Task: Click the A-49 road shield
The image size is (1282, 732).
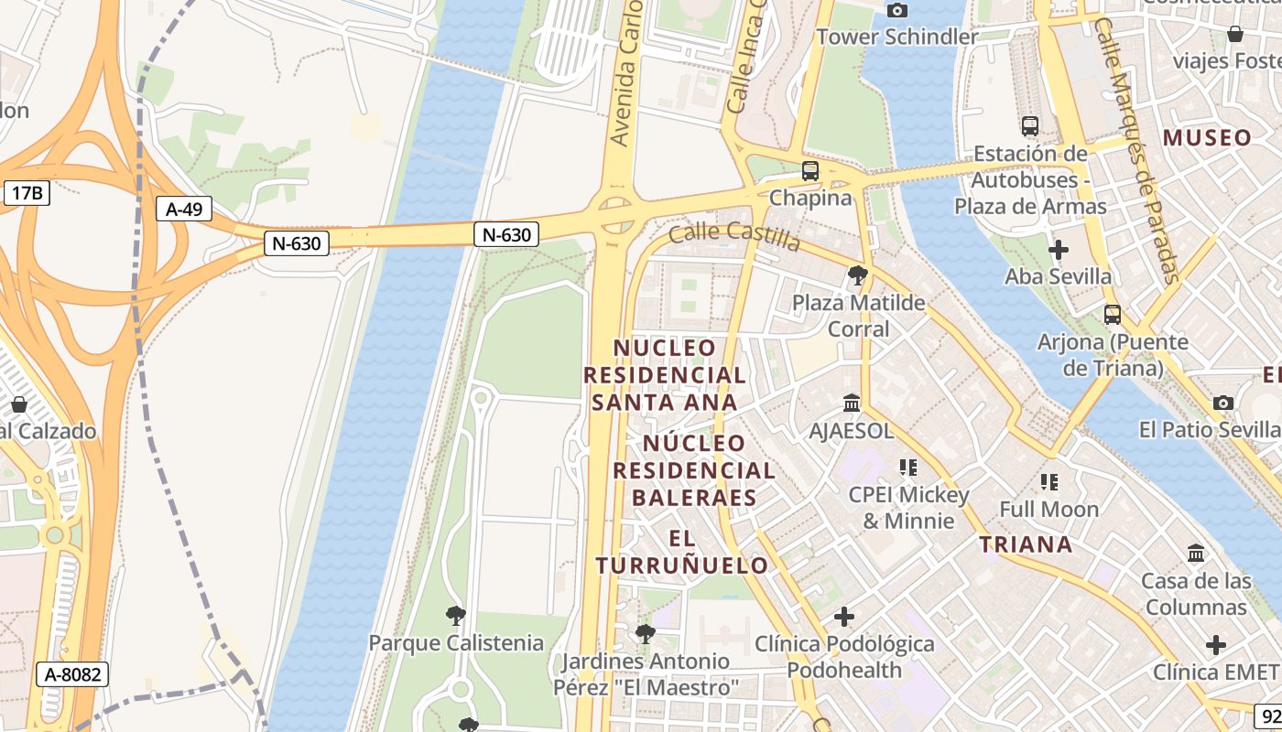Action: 184,210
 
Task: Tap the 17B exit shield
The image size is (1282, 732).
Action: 27,193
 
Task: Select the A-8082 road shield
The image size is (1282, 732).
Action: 72,675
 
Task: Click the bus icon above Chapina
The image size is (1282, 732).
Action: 809,171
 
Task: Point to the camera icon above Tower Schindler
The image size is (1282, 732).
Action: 897,10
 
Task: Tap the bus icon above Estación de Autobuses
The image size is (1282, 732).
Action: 1030,126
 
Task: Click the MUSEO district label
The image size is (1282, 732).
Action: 1208,138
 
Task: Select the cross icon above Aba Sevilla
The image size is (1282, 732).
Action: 1058,249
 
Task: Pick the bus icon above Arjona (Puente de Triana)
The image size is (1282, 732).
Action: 1113,315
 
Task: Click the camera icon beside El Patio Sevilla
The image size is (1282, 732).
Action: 1222,403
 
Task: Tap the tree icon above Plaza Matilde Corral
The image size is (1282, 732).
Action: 858,274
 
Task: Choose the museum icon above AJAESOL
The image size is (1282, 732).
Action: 852,403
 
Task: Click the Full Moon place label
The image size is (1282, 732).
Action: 1048,509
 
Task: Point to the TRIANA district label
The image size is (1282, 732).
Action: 1026,545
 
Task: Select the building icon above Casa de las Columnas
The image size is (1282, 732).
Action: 1196,554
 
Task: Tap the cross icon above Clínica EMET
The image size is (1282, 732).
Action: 1215,645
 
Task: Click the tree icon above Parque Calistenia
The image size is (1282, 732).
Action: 455,615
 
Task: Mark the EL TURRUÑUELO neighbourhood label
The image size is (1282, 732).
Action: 682,552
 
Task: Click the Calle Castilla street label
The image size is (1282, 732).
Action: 734,236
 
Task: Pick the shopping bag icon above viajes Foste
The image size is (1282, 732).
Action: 1234,34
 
